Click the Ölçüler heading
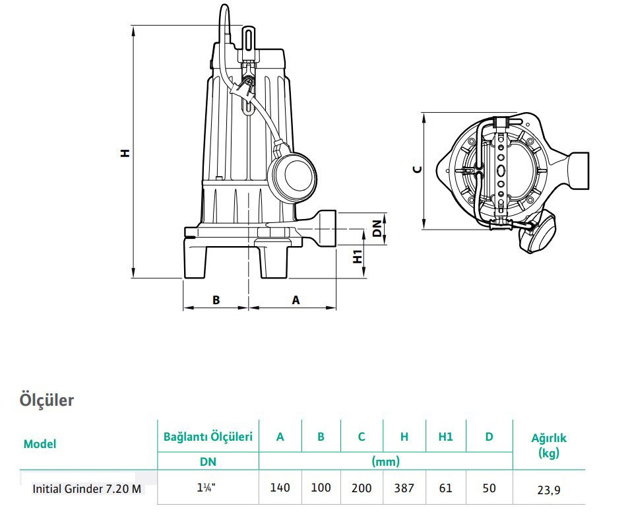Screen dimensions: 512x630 pos(46,400)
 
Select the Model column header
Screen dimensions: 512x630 pos(40,444)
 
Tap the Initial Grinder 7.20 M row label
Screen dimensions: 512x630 pos(86,489)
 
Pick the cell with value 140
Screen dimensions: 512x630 pos(280,488)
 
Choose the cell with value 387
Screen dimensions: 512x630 pos(404,488)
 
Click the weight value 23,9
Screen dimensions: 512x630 pos(549,489)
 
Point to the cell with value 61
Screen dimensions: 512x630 pos(445,488)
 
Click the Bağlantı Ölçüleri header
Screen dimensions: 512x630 pos(208,436)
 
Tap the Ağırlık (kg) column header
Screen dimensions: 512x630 pos(549,444)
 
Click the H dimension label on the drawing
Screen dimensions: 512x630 pos(125,152)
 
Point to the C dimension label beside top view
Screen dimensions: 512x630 pos(416,170)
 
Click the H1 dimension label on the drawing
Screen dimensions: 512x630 pos(358,257)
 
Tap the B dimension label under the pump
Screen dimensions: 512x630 pos(216,300)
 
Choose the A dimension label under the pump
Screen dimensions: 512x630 pos(296,300)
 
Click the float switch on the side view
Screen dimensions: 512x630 pos(292,176)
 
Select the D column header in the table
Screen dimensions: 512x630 pos(489,436)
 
